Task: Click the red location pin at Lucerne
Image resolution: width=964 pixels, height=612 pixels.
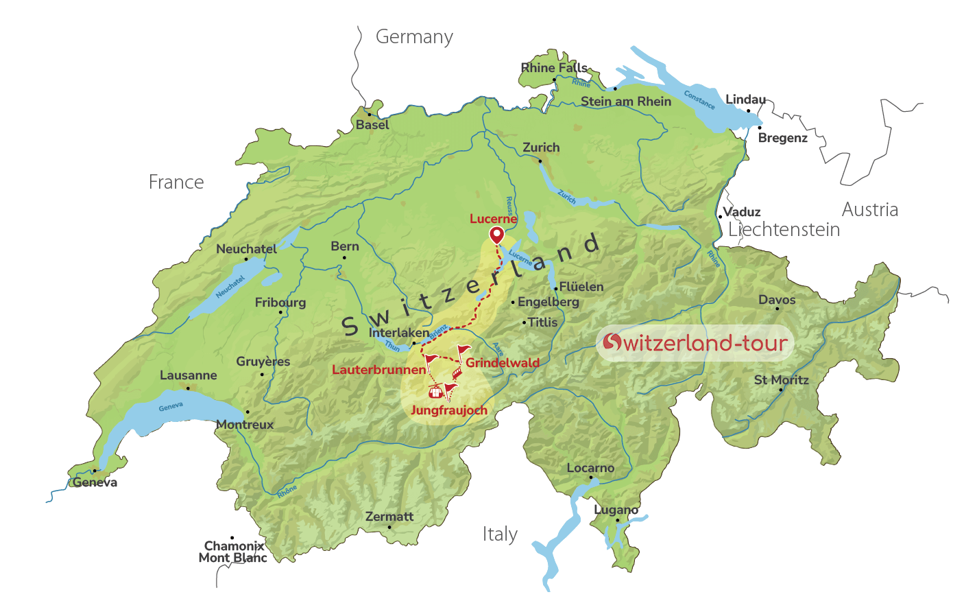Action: click(496, 236)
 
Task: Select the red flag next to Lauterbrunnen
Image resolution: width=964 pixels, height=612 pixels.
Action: click(430, 359)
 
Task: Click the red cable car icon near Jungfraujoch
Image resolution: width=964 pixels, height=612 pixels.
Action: click(435, 392)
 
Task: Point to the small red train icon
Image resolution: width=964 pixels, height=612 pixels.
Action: click(457, 373)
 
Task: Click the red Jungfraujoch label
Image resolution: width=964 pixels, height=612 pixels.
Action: click(449, 410)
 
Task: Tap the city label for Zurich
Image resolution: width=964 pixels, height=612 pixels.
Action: click(541, 148)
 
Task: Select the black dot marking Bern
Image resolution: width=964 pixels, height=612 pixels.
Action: click(344, 258)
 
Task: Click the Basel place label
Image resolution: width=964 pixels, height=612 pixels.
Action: click(372, 125)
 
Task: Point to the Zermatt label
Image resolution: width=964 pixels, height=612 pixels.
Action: click(389, 517)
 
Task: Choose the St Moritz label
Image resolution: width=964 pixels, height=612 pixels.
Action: click(781, 379)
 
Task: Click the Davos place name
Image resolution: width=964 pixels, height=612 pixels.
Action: click(777, 300)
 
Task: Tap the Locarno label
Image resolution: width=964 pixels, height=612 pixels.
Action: click(590, 468)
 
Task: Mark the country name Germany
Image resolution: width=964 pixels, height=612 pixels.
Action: click(414, 37)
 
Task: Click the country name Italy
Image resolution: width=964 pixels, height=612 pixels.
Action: click(500, 534)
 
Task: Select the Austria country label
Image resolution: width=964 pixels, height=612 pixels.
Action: click(869, 209)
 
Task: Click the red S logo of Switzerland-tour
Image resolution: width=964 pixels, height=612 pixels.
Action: click(612, 342)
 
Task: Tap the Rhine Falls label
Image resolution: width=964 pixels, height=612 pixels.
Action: click(554, 68)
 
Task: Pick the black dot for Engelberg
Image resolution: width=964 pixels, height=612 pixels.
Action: click(513, 302)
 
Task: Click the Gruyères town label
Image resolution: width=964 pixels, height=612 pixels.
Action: click(263, 362)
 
